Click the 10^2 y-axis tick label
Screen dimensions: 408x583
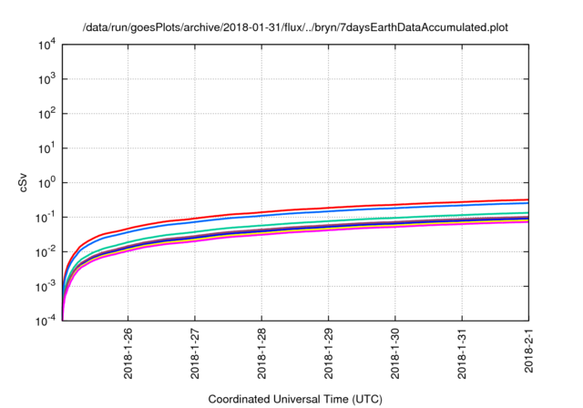[46, 114]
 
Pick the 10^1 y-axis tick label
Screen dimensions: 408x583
[46, 148]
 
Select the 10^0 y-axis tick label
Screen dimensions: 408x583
[46, 182]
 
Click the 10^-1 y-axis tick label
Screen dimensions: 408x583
[46, 217]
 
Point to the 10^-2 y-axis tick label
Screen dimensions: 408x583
[46, 251]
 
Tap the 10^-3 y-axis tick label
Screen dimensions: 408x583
[46, 286]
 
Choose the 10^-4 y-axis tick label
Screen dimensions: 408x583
[46, 321]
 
